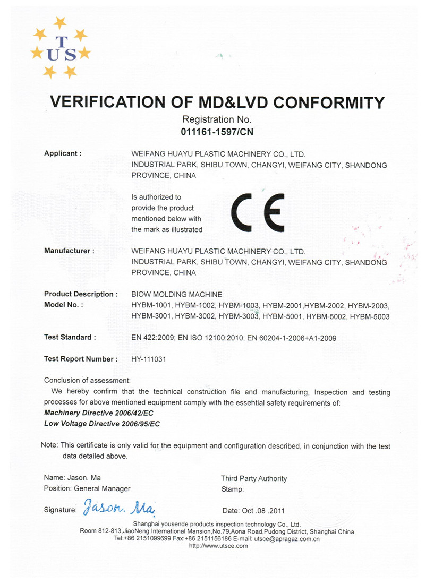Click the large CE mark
click(257, 212)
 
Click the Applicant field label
click(63, 153)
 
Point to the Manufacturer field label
click(69, 251)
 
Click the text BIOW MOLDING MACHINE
click(176, 294)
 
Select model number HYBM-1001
click(151, 306)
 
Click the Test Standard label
click(70, 337)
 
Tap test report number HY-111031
click(149, 359)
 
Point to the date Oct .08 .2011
click(254, 511)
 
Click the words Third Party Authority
click(253, 478)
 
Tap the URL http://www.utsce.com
click(218, 546)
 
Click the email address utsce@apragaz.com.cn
click(287, 539)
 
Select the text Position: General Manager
click(87, 488)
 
